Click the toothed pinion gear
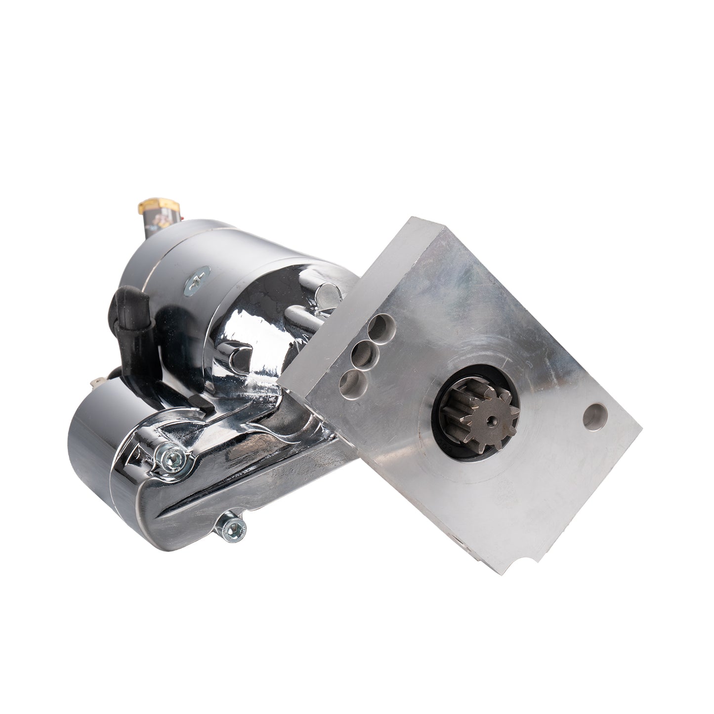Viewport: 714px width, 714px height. pos(487,420)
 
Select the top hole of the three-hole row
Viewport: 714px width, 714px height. pos(381,326)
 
